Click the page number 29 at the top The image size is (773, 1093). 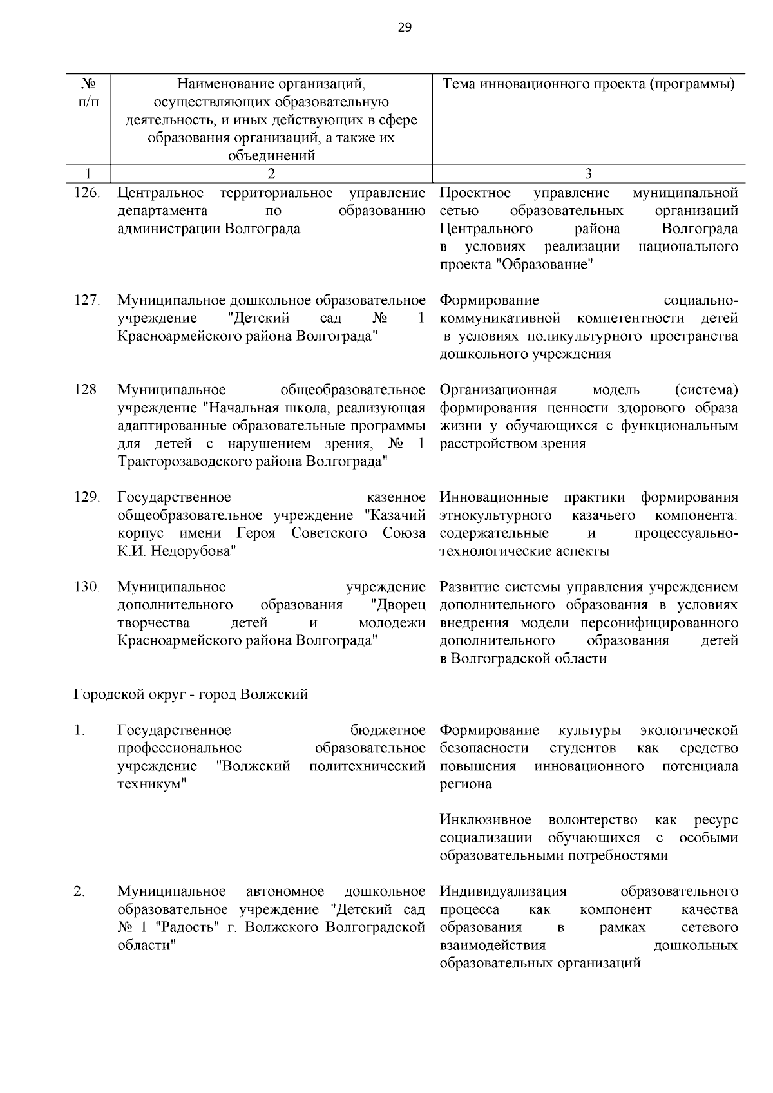tap(405, 27)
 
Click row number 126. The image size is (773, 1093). tap(87, 193)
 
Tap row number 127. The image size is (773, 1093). tap(87, 300)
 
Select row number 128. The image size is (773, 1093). tap(87, 390)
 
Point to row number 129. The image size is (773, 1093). tap(87, 497)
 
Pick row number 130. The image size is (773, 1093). tap(87, 587)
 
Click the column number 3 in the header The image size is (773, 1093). tap(588, 173)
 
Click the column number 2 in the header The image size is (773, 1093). tap(271, 173)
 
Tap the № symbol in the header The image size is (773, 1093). tap(90, 84)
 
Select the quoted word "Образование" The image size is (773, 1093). tap(545, 265)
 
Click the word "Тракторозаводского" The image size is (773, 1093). tap(178, 462)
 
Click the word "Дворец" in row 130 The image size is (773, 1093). tap(398, 605)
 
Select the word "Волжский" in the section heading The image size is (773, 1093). tap(273, 694)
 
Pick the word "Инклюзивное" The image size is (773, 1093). tap(486, 820)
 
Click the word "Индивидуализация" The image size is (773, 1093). tap(503, 891)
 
